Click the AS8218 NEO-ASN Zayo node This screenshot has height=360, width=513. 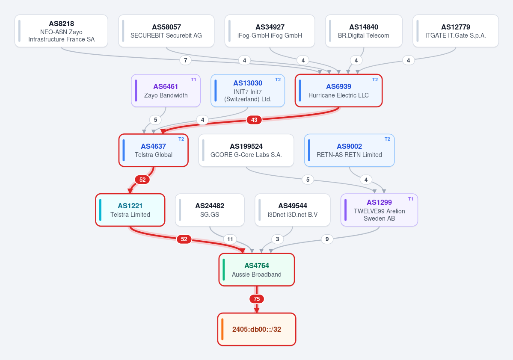tap(61, 31)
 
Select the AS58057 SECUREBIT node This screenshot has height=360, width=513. tap(166, 31)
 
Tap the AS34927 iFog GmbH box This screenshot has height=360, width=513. tap(270, 31)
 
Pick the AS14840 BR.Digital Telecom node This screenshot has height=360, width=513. tap(364, 31)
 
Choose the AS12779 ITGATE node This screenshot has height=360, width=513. tap(456, 31)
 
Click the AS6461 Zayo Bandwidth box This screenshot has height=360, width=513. tap(166, 91)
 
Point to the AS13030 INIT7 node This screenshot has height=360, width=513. tap(248, 91)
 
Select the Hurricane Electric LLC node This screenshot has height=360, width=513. tap(338, 91)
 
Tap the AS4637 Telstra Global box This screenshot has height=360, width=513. tap(154, 150)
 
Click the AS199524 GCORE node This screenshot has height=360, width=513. tap(246, 150)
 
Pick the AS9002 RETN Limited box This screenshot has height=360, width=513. tap(350, 150)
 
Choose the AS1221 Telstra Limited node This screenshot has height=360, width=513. tap(130, 210)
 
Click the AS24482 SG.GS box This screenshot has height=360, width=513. tap(210, 210)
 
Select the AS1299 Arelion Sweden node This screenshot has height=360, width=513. tap(379, 210)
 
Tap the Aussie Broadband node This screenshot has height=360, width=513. tap(257, 270)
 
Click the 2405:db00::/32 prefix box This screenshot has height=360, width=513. tap(257, 329)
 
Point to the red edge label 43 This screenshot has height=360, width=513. tap(254, 120)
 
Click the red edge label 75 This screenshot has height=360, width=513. tap(257, 299)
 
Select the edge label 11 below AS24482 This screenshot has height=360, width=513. tap(230, 239)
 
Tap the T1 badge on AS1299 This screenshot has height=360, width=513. tap(411, 199)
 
